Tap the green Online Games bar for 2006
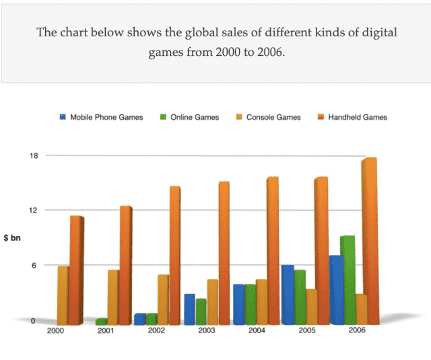pos(348,279)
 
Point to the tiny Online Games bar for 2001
pos(102,321)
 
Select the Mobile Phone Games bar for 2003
pos(189,309)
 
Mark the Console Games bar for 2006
pos(361,309)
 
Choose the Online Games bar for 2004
pos(250,304)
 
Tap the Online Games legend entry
pos(194,117)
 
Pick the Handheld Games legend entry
pos(357,117)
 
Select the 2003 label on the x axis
pos(207,331)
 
